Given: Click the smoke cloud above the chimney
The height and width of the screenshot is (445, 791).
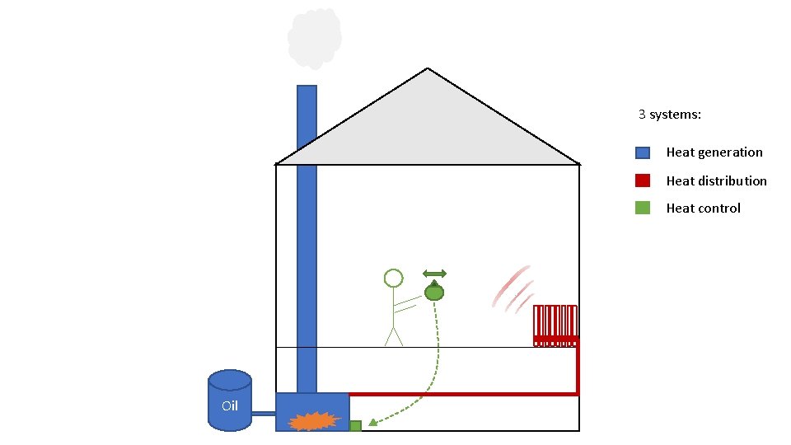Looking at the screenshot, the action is tap(314, 37).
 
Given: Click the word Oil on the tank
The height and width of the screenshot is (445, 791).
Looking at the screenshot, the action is tap(230, 405).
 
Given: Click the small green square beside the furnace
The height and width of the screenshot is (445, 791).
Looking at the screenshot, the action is tap(355, 425).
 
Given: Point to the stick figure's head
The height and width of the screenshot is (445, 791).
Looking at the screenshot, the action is tap(393, 278).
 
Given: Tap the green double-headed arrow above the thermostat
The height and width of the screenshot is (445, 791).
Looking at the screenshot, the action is tap(434, 274).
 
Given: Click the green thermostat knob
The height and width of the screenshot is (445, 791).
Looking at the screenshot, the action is tap(434, 292).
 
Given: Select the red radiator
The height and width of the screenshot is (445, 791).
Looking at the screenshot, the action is tap(555, 325).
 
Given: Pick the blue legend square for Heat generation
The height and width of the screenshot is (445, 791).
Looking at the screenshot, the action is tap(643, 152).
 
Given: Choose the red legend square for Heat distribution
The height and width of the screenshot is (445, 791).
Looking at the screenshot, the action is tap(643, 180).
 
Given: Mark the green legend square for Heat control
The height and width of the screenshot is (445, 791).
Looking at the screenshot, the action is tap(643, 208).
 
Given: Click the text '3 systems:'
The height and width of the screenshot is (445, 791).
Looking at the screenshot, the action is tap(670, 115).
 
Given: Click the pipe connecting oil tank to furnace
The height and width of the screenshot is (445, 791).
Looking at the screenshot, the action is tap(263, 413).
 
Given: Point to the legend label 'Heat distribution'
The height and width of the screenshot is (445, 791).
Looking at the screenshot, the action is tap(716, 180).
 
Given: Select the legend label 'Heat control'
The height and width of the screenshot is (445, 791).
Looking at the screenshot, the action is tap(703, 208).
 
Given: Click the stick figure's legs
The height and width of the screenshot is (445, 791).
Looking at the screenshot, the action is tap(394, 336).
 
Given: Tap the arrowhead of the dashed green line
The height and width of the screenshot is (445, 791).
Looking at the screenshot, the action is tap(371, 424).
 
